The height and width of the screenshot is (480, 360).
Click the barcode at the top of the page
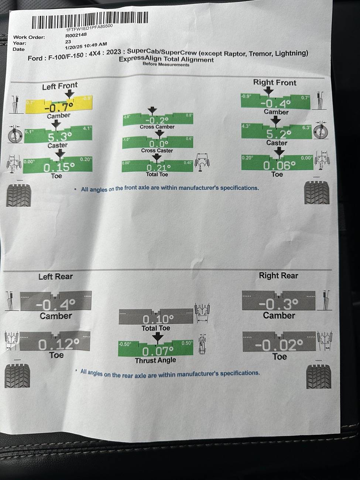(x=90, y=21)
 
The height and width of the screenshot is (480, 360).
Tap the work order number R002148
(x=76, y=35)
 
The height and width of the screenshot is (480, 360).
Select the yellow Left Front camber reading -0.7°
(x=59, y=108)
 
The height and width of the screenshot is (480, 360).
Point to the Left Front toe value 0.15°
(x=59, y=167)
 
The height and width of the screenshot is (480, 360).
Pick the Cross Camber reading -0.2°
(x=157, y=121)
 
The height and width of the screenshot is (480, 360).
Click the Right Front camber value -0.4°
(x=275, y=104)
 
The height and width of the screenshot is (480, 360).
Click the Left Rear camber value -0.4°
(x=55, y=305)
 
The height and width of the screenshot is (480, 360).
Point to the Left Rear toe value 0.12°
(x=58, y=344)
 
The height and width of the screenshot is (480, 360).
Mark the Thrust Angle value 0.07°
(x=157, y=351)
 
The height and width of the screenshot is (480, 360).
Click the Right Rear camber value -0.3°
(x=278, y=304)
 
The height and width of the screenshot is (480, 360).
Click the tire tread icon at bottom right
(x=319, y=377)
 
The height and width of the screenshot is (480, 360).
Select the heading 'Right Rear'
(x=278, y=275)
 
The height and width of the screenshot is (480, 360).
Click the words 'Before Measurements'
(x=166, y=65)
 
